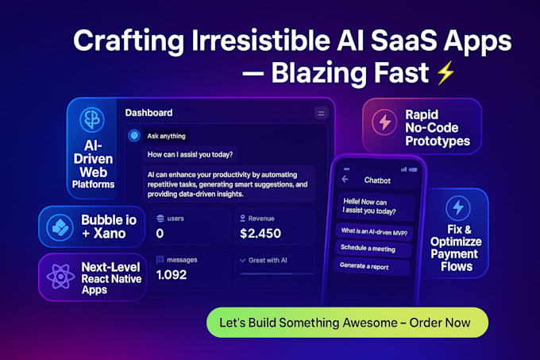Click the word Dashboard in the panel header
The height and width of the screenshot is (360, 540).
[x=148, y=113]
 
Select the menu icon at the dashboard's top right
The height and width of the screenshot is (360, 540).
[x=322, y=113]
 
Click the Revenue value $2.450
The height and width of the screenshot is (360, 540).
[x=260, y=234]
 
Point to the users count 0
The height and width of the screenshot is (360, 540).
[x=160, y=234]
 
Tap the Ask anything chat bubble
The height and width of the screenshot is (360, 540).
[x=167, y=136]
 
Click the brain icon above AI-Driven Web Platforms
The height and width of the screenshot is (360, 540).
[x=92, y=119]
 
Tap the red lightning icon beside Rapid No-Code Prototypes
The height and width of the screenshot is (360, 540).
[x=384, y=122]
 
